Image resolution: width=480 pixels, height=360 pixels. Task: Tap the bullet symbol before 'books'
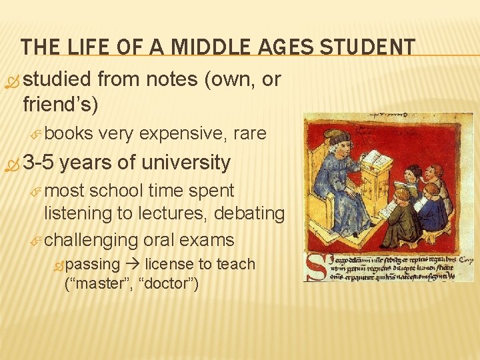pyautogui.click(x=37, y=134)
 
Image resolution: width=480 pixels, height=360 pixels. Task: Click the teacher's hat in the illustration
pyautogui.click(x=339, y=137)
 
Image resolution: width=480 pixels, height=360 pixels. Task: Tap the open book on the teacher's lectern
pyautogui.click(x=377, y=159)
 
